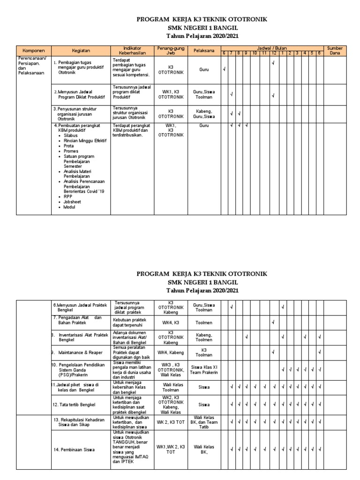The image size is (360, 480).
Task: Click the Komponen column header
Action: point(34,51)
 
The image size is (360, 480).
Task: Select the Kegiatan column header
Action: point(81,51)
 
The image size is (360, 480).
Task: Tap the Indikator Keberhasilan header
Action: point(132,51)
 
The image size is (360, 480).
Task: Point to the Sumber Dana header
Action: point(335,51)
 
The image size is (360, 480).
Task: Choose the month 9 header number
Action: point(246,53)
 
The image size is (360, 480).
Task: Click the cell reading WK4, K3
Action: point(171,322)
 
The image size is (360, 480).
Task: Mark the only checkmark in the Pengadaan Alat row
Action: point(273,322)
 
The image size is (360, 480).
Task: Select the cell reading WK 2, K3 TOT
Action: point(171,422)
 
